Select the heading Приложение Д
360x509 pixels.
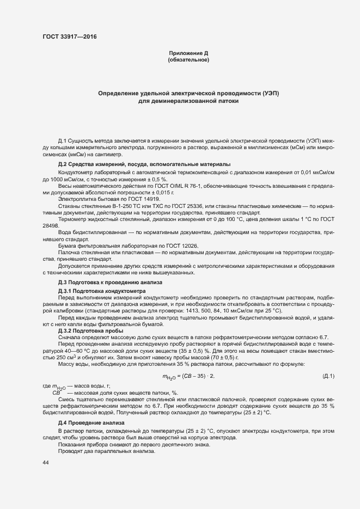[188, 53]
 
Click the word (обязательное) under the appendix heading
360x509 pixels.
[188, 59]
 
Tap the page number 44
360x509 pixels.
[46, 462]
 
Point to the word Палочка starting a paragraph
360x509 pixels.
[70, 253]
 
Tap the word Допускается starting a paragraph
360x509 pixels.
[75, 266]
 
